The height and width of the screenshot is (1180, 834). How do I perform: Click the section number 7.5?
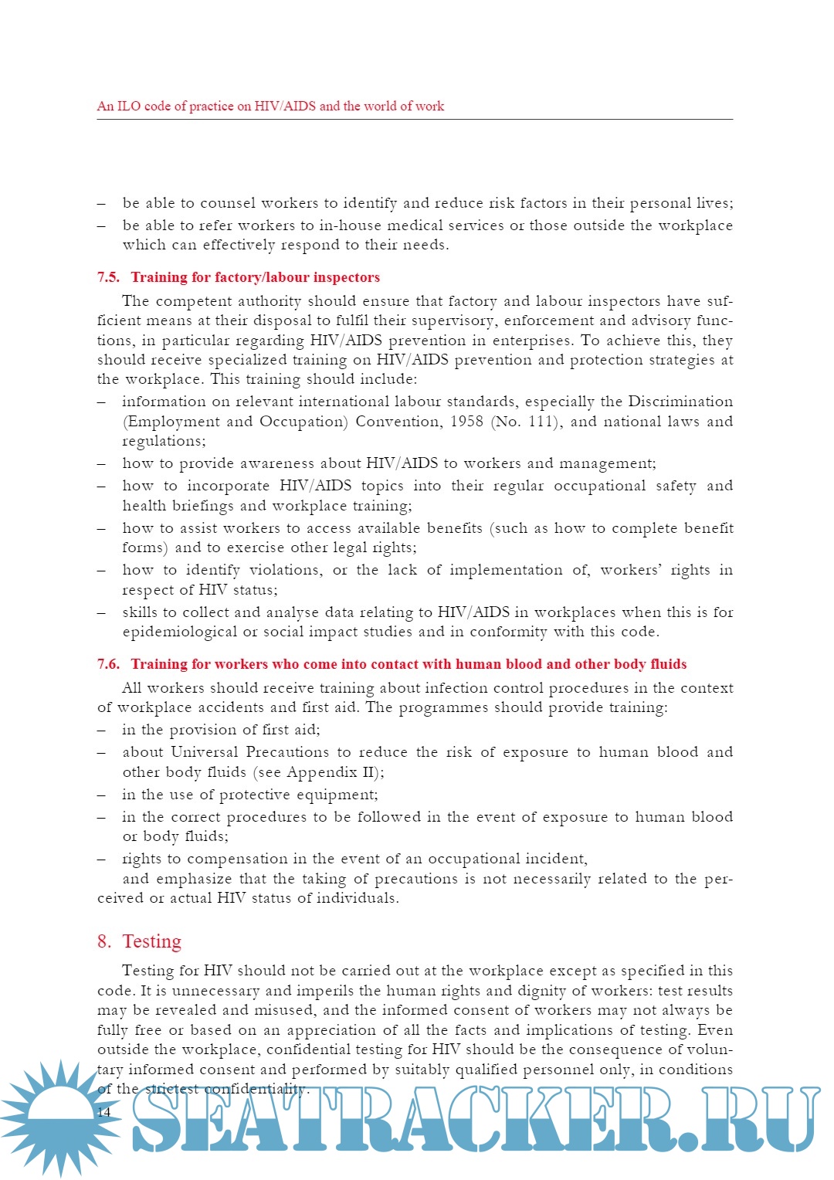109,277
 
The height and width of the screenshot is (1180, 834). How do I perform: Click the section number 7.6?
109,664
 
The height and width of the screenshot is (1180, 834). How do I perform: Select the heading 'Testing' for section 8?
151,941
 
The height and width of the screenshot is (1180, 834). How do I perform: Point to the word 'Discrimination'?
680,402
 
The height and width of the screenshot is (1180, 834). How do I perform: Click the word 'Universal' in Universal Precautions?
205,752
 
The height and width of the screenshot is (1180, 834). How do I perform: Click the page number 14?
104,1112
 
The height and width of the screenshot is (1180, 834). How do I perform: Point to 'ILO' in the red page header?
129,107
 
